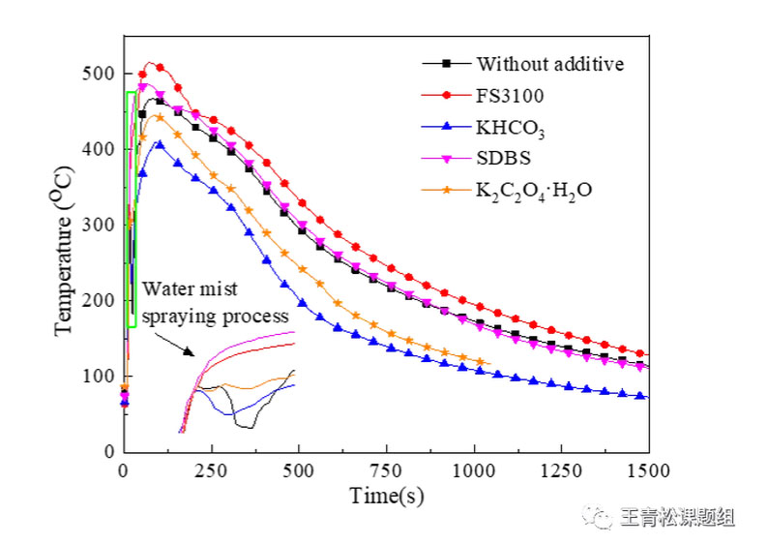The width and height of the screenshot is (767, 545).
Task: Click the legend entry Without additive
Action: (549, 64)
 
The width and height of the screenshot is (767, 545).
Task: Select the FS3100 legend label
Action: (510, 96)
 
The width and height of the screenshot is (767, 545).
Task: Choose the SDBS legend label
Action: (503, 159)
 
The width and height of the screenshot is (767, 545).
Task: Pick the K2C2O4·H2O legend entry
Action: (533, 191)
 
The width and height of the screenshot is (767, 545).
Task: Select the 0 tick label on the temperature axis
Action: (109, 451)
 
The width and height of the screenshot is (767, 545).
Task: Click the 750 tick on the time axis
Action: (387, 470)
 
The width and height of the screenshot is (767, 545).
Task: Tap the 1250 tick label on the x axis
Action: (562, 470)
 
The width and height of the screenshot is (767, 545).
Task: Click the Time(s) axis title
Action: (386, 497)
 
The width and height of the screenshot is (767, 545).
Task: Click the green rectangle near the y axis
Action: (130, 208)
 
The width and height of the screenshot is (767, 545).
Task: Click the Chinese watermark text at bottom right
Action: (676, 518)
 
